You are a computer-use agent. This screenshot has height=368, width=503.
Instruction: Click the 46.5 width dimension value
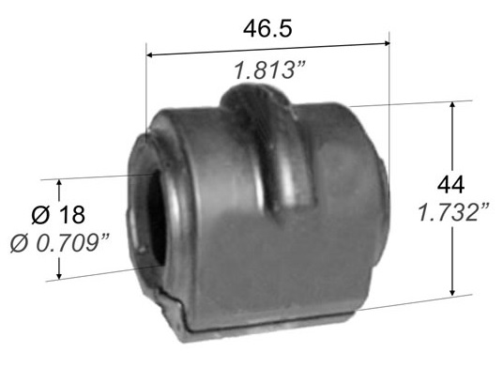pos(267,28)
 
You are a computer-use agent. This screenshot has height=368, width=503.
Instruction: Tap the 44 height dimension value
pos(450,185)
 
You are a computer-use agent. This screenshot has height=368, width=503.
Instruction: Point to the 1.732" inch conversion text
pos(453,212)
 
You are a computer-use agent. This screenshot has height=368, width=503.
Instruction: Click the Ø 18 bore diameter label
pos(58,215)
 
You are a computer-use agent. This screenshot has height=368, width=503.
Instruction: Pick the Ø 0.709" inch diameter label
pos(60,243)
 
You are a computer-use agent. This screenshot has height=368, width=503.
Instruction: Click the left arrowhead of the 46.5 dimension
pos(150,55)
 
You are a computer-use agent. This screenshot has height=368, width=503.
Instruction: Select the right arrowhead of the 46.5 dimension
pos(386,43)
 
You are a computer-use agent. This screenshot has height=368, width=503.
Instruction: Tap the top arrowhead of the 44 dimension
pos(452,106)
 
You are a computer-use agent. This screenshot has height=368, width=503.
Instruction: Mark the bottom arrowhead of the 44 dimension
pos(452,291)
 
